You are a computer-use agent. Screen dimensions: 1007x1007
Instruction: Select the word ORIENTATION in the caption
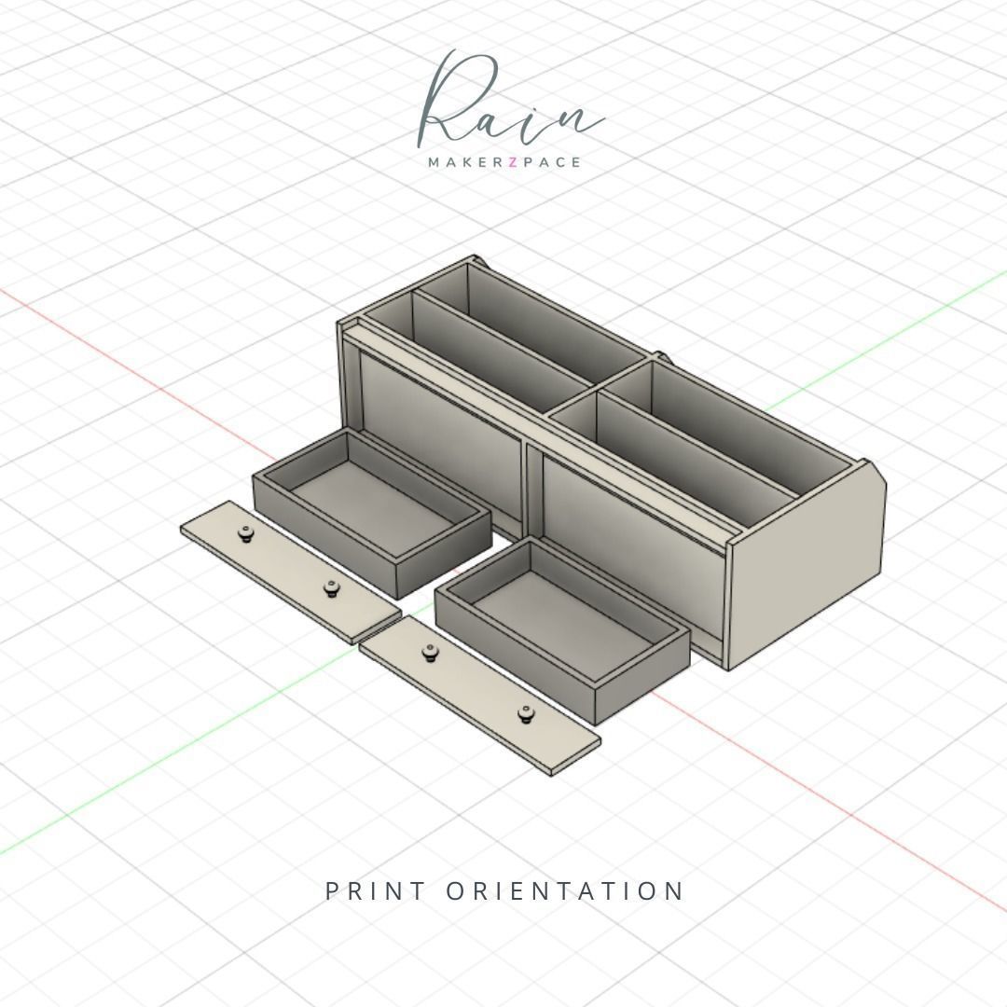[565, 890]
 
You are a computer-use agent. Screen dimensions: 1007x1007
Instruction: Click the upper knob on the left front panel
[246, 533]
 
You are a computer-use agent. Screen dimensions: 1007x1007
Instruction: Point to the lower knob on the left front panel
[331, 587]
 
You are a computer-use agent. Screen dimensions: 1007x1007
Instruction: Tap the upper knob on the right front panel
[430, 652]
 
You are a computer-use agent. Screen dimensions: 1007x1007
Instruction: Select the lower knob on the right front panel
[528, 714]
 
